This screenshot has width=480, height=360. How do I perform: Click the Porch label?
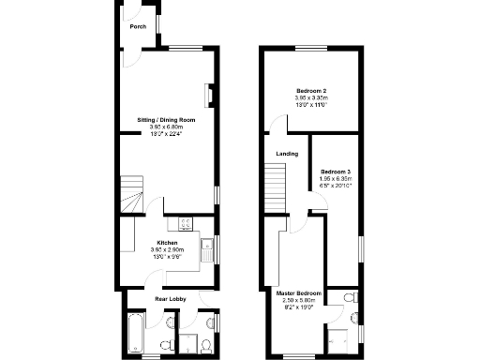138,26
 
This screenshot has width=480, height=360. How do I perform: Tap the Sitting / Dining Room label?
166,120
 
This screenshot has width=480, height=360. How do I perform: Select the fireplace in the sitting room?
210,94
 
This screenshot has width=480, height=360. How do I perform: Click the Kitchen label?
167,243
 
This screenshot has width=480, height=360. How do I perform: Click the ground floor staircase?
130,193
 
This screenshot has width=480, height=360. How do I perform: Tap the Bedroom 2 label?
311,90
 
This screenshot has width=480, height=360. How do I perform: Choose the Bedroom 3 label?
335,172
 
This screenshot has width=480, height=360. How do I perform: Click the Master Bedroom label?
298,294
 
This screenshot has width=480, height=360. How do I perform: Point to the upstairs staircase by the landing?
275,185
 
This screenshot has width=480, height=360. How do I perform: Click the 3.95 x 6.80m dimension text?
166,127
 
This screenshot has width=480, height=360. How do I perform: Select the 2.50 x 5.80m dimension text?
298,301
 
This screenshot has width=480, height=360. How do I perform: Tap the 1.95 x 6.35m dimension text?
335,178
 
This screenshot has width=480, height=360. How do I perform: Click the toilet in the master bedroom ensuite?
349,299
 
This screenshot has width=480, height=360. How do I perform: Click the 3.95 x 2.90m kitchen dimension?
167,250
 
